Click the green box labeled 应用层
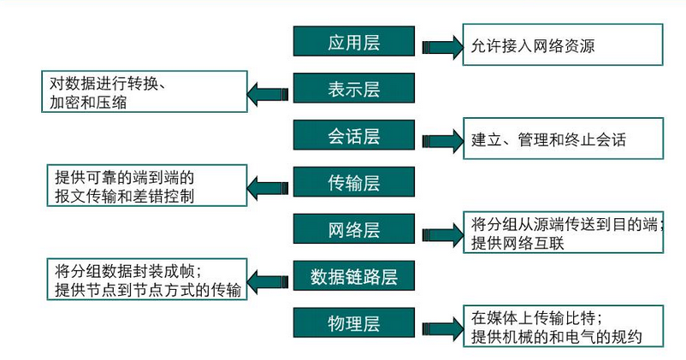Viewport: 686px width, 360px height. pyautogui.click(x=353, y=42)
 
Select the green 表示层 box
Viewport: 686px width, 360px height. pyautogui.click(x=353, y=89)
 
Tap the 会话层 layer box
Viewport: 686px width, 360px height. pyautogui.click(x=353, y=135)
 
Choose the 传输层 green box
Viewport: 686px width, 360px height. pyautogui.click(x=353, y=182)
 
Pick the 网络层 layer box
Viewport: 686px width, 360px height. pyautogui.click(x=353, y=229)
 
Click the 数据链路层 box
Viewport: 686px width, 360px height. pyautogui.click(x=353, y=276)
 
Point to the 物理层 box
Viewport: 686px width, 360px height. pyautogui.click(x=353, y=323)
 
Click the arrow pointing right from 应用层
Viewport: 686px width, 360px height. pyautogui.click(x=441, y=46)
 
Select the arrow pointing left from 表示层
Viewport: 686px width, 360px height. pyautogui.click(x=269, y=92)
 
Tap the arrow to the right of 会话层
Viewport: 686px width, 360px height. pyautogui.click(x=441, y=139)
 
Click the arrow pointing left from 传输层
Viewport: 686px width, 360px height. pyautogui.click(x=269, y=186)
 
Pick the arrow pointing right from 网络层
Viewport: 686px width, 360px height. pyautogui.click(x=441, y=233)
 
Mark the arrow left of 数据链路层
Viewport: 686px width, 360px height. pyautogui.click(x=269, y=280)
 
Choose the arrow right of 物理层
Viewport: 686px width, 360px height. pyautogui.click(x=441, y=328)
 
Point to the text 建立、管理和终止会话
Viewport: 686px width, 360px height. pyautogui.click(x=548, y=139)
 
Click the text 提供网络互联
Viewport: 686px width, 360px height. pyautogui.click(x=517, y=243)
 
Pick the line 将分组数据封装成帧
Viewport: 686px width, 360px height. pyautogui.click(x=127, y=272)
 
